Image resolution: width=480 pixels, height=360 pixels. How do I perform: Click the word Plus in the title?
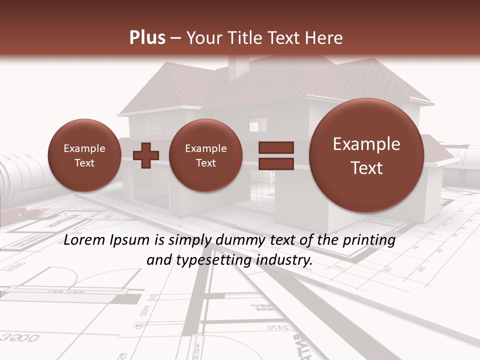[147, 38]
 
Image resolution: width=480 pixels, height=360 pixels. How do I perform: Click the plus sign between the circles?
[146, 155]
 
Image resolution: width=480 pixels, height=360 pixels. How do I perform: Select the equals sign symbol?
[275, 155]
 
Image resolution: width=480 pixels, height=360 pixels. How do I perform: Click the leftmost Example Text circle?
[84, 155]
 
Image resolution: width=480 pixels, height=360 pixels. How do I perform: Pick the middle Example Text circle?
[205, 155]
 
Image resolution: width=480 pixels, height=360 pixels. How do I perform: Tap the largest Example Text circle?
[366, 155]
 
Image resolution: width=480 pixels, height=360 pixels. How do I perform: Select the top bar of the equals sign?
[275, 147]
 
